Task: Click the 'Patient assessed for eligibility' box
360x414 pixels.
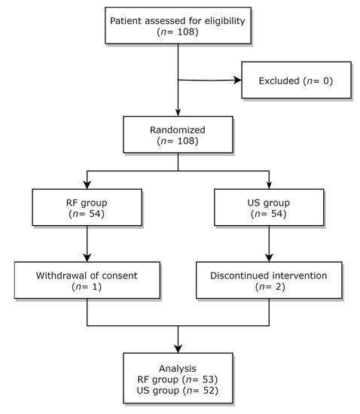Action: pos(178,27)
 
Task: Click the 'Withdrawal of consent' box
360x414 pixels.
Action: pos(88,281)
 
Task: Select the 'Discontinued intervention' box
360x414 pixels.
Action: pos(268,281)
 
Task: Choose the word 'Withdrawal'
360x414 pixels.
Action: pos(59,275)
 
